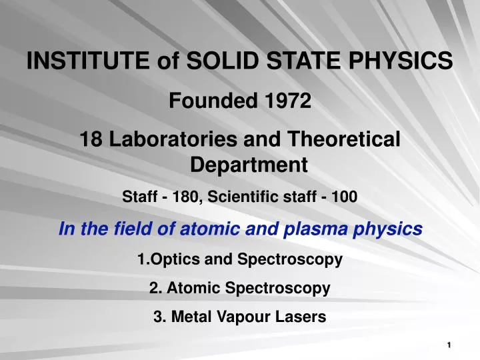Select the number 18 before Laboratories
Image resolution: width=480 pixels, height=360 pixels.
click(x=91, y=139)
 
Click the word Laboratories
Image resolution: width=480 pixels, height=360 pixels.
click(x=171, y=139)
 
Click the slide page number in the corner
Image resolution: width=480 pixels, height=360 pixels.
click(x=451, y=345)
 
